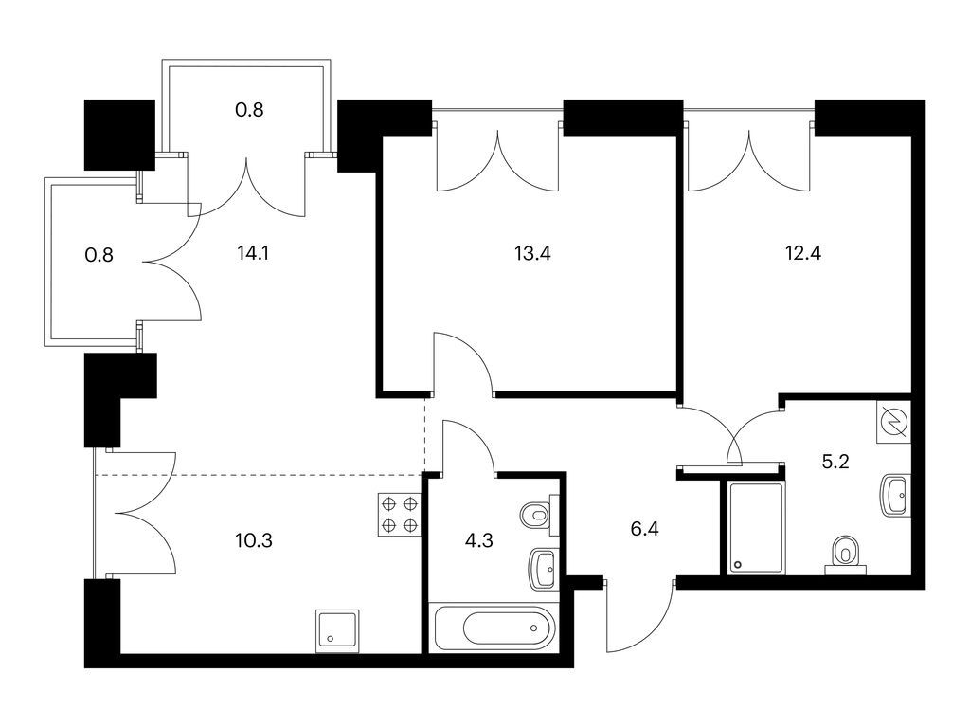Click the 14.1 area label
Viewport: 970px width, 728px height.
coord(252,253)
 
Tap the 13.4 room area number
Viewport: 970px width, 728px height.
coord(532,253)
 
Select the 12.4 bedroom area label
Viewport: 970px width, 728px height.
coord(803,253)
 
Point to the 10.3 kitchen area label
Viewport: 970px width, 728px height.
coord(254,540)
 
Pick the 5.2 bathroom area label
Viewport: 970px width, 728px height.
coord(835,462)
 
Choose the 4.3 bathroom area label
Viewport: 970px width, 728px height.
coord(478,540)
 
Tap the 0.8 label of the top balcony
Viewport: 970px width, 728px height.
coord(249,110)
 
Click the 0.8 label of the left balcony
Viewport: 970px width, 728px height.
coord(99,254)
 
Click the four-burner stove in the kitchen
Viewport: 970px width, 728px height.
coord(400,515)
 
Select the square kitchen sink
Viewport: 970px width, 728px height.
coord(337,630)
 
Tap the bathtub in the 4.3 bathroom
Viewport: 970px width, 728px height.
coord(494,628)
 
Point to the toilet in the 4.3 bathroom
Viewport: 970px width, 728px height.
coord(539,515)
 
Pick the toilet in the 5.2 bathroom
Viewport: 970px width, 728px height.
coord(846,554)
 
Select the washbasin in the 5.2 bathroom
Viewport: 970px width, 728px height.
coord(895,495)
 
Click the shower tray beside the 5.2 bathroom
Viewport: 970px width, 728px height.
coord(756,528)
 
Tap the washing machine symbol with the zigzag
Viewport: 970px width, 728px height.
coord(894,422)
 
